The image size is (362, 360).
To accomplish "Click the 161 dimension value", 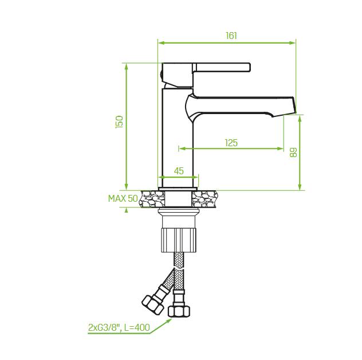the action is (x=231, y=36).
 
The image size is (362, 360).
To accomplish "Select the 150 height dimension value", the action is (x=119, y=122).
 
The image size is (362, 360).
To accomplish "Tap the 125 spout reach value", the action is (x=231, y=143).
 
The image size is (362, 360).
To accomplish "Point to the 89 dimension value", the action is (x=293, y=152).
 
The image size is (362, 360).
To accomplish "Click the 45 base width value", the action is (x=179, y=171).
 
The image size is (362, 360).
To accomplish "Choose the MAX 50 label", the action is (x=123, y=198).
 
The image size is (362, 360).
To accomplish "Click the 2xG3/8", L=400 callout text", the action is (x=119, y=327).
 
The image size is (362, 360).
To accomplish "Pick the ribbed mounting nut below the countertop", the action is (x=179, y=240).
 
